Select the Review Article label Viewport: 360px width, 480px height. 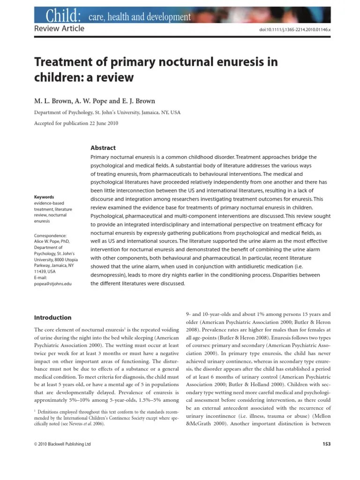60,29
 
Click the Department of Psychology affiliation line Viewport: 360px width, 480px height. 107,112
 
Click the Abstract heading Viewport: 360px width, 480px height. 103,148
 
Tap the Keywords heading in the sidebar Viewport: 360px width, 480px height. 45,197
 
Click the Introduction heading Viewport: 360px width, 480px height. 53,317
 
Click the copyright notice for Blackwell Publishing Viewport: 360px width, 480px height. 63,444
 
